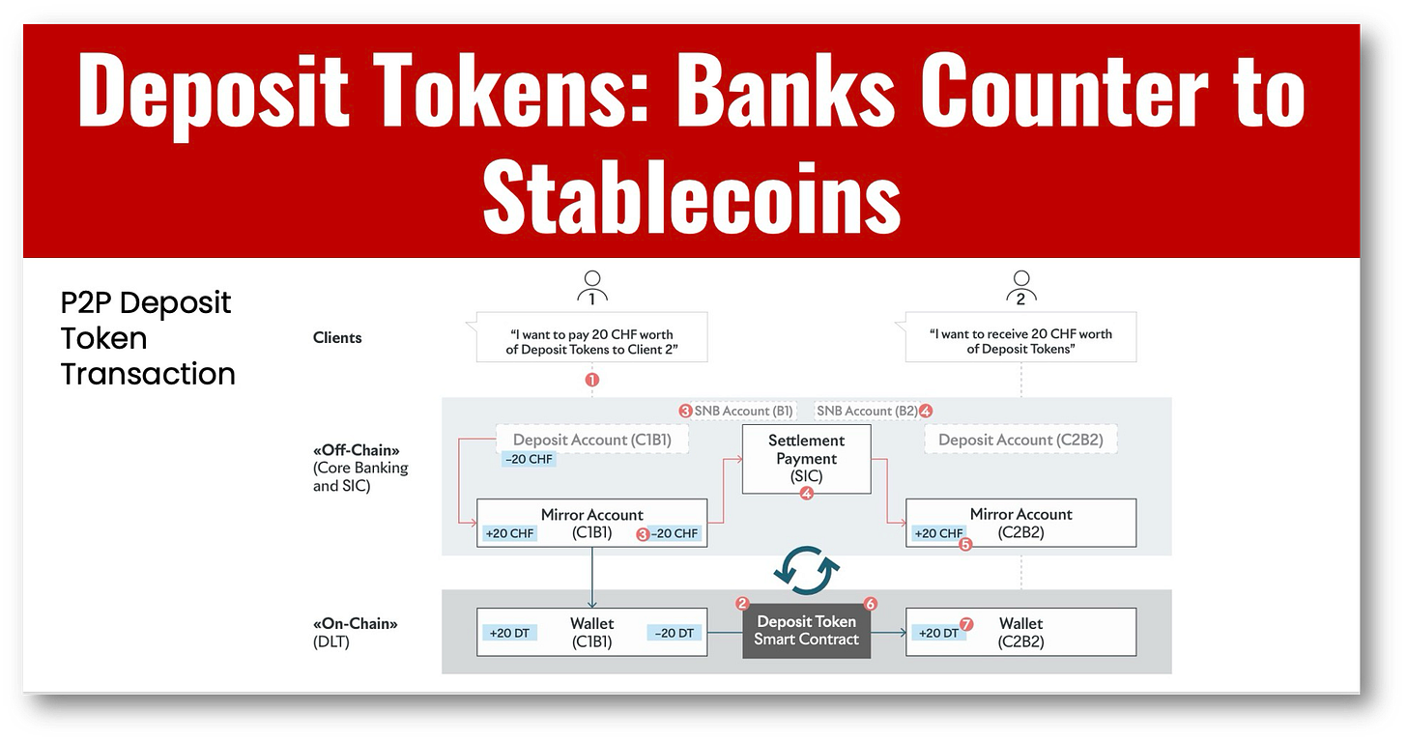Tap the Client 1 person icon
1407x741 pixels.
coord(591,288)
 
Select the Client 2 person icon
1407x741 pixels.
coord(1020,288)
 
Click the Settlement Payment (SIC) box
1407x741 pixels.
coord(806,459)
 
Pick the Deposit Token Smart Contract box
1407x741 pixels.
coord(806,630)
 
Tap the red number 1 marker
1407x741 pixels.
coord(592,380)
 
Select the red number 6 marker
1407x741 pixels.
coord(870,604)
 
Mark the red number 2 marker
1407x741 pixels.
coord(742,604)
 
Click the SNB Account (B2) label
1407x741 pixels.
coord(867,411)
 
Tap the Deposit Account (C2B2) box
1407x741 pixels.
coord(1020,440)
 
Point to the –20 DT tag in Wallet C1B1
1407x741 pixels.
coord(674,633)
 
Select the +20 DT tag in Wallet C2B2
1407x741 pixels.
coord(937,633)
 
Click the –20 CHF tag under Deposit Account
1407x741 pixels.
coord(529,459)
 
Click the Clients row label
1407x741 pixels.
coord(337,338)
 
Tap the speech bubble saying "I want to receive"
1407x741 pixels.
coord(1020,340)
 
